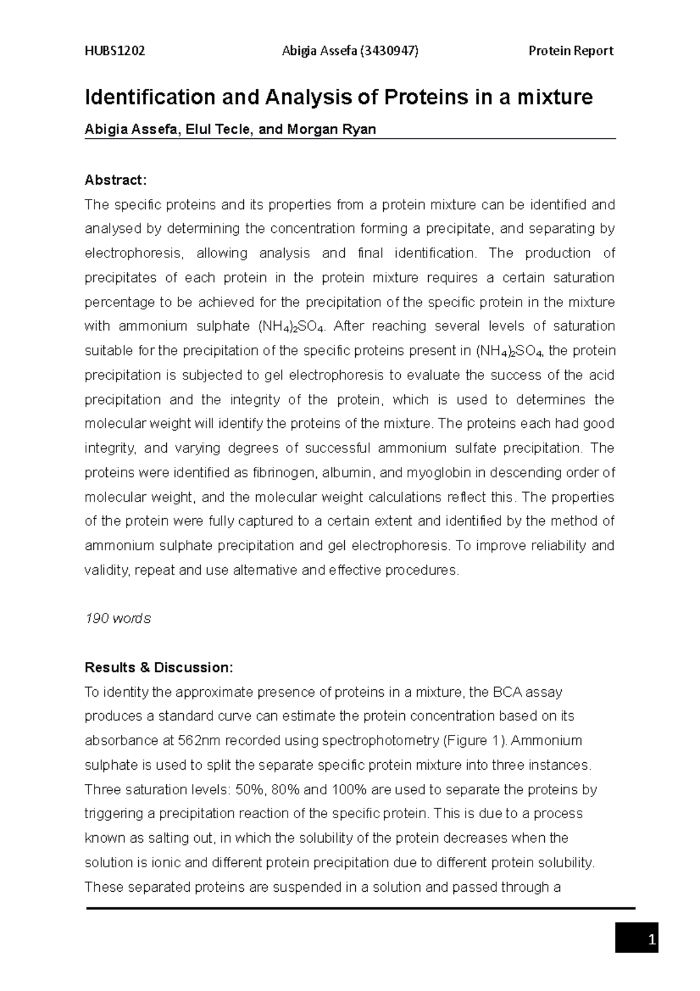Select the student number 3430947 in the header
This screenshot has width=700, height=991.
point(389,51)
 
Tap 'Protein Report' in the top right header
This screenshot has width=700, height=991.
point(570,51)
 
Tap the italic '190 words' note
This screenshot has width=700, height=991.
point(117,618)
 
